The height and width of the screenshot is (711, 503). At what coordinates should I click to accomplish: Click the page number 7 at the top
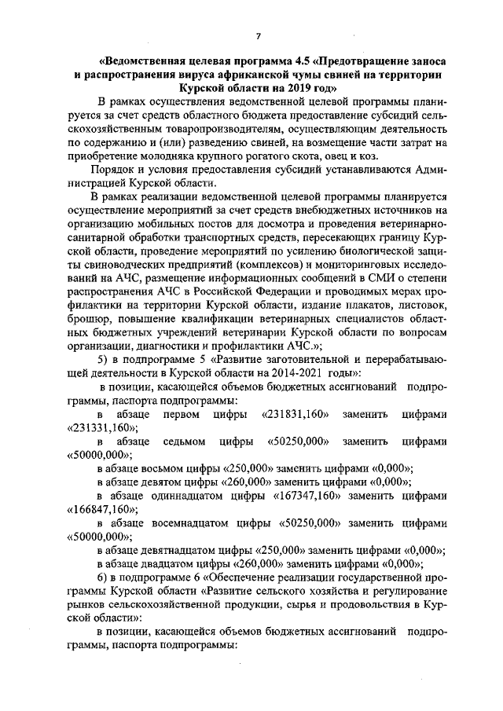point(257,35)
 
